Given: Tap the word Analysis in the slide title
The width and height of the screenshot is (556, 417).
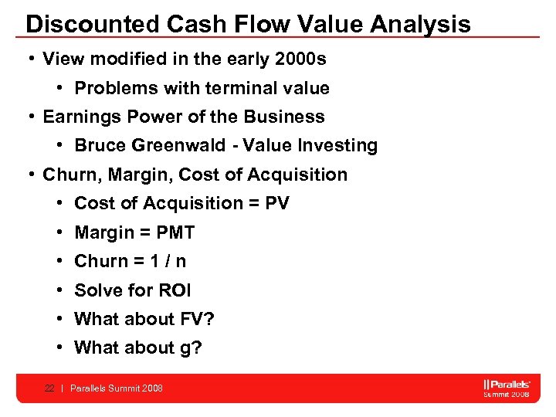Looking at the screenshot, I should point(420,24).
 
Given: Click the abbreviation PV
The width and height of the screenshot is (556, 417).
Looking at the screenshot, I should point(277,203).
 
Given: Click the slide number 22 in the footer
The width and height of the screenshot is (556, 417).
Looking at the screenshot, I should point(49,388).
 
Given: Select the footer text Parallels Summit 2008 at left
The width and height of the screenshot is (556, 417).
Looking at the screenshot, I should point(117,388).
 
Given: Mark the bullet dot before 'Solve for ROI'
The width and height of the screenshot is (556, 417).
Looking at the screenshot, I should point(59,290).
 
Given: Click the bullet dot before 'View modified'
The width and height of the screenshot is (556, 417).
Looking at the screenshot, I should point(29,59).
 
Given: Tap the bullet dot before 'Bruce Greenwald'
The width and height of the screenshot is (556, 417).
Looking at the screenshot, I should point(59,145).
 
